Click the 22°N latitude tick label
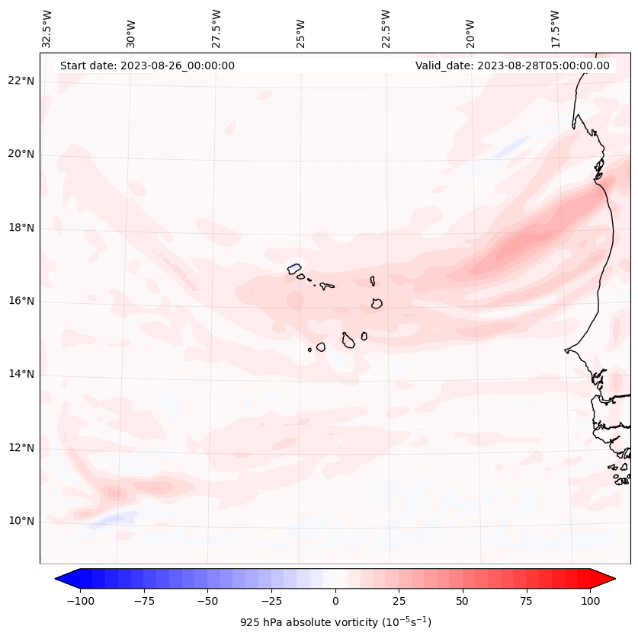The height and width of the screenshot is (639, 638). (x=21, y=81)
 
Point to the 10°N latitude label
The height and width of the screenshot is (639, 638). (x=21, y=522)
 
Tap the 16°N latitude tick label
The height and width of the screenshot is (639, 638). (x=21, y=302)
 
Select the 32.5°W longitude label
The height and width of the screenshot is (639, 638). (x=47, y=28)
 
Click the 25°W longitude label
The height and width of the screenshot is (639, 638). (x=301, y=30)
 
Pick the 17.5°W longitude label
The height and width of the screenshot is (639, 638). (x=555, y=28)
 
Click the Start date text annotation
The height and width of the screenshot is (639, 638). (x=147, y=65)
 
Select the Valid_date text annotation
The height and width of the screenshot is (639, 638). (x=512, y=65)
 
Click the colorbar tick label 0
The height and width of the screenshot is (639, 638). (x=335, y=601)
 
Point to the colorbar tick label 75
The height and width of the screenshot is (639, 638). (x=527, y=601)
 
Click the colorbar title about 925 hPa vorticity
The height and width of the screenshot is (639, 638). (x=335, y=622)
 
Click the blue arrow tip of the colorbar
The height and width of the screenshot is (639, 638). (x=63, y=580)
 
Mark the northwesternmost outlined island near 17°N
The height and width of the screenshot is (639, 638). (x=294, y=268)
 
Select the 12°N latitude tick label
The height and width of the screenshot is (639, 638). (x=21, y=449)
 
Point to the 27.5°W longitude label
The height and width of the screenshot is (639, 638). (x=216, y=28)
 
